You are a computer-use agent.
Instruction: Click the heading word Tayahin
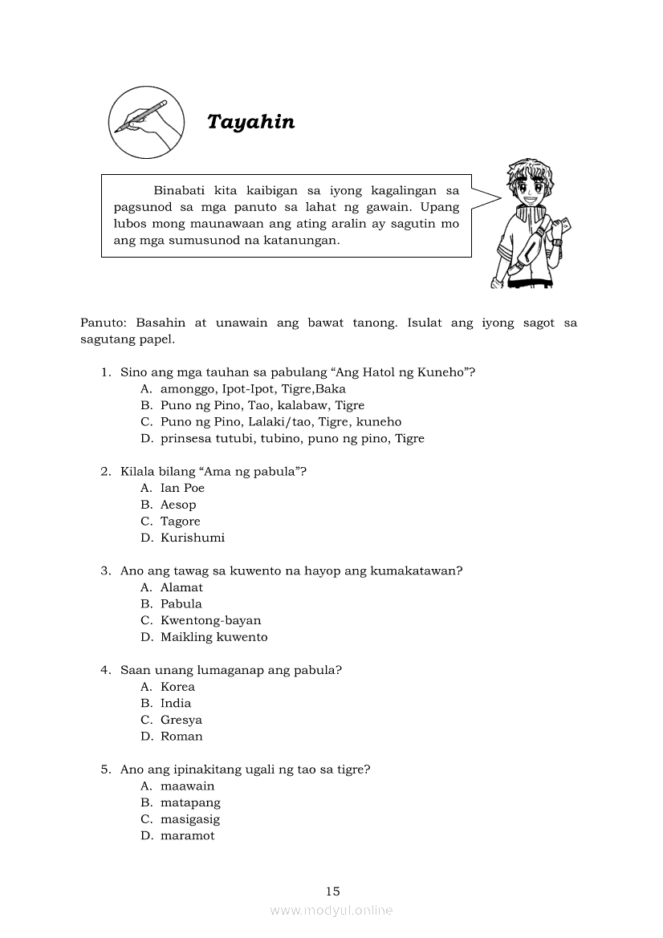(250, 122)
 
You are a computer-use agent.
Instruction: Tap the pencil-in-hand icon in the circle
(145, 122)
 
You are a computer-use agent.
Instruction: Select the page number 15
(333, 891)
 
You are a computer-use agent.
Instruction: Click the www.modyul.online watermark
(331, 910)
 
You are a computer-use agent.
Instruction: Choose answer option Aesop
(177, 505)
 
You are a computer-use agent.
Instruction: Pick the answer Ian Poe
(182, 488)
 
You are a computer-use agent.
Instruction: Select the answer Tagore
(180, 522)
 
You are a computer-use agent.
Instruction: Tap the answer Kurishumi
(192, 538)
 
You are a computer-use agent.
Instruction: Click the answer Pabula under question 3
(181, 604)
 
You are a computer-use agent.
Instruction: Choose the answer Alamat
(181, 587)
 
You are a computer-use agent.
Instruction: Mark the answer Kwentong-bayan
(210, 620)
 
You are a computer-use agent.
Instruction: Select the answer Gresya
(181, 720)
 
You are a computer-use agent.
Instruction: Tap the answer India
(176, 704)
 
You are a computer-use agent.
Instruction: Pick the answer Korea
(177, 687)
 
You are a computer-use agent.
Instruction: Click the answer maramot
(187, 835)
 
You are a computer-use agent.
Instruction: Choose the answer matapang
(190, 802)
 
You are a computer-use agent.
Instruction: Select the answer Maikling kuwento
(214, 637)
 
